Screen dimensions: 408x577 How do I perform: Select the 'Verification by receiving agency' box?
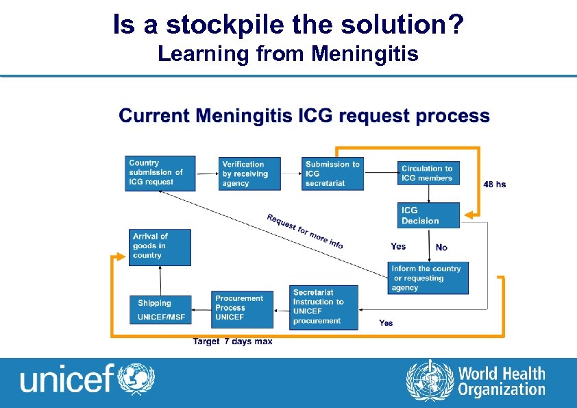click(x=251, y=174)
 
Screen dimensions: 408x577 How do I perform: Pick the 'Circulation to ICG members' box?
click(x=428, y=173)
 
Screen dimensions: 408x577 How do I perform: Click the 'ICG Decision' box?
click(x=428, y=215)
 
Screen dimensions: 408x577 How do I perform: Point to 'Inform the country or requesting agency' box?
click(x=428, y=278)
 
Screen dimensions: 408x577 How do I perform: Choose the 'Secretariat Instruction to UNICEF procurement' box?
click(x=323, y=307)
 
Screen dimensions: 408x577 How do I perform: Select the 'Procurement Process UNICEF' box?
click(x=243, y=309)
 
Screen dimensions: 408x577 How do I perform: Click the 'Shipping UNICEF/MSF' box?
click(x=161, y=310)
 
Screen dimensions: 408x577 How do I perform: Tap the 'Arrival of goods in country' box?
click(x=160, y=247)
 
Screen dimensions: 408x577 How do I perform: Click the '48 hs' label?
click(x=495, y=184)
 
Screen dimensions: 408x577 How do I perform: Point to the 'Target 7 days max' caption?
click(x=233, y=341)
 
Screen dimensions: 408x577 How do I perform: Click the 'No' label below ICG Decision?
click(x=441, y=247)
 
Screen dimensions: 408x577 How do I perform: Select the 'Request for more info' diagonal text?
click(x=305, y=231)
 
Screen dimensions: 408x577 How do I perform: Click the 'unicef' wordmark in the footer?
click(x=66, y=379)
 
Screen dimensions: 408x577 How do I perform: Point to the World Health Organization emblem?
click(x=430, y=381)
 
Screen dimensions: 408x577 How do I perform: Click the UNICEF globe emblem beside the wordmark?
click(x=137, y=379)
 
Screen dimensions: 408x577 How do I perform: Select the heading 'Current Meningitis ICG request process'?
click(x=304, y=116)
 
